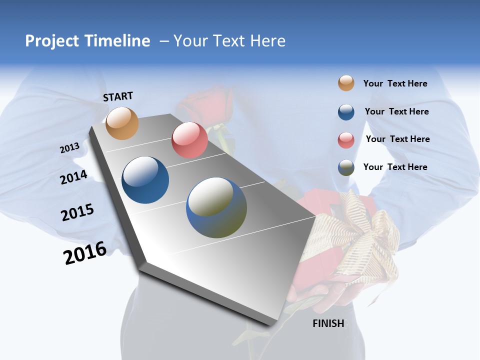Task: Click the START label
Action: pos(118,96)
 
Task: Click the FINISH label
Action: pos(328,323)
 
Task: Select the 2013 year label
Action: pos(70,148)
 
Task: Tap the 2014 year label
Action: pos(73,177)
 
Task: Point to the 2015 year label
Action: pos(77,212)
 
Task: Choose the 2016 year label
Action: pos(85,253)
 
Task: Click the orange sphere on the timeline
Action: pos(122,123)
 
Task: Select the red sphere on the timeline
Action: pos(189,140)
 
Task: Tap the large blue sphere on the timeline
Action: pos(145,180)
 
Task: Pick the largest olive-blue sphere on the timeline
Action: pos(216,207)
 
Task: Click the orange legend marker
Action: pos(346,83)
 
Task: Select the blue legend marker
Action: pos(346,112)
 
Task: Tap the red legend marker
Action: pos(346,139)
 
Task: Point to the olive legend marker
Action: pos(346,167)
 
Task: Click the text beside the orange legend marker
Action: pos(395,83)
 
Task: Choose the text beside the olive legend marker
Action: pos(395,167)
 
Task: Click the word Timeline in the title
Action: pos(114,41)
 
